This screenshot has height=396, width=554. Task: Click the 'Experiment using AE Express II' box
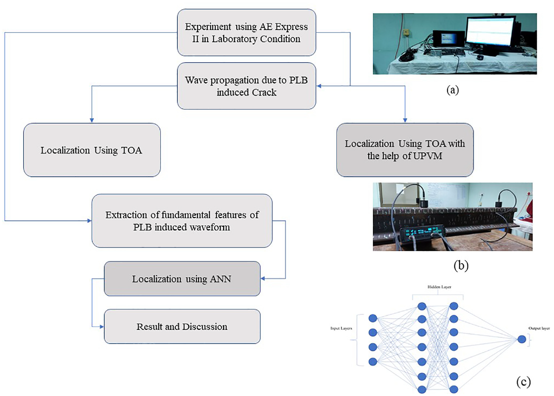tap(247, 32)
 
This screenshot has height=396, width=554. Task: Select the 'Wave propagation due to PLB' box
tap(247, 86)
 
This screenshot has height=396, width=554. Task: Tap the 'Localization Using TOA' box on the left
tap(92, 150)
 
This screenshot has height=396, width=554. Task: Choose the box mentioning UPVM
tap(405, 150)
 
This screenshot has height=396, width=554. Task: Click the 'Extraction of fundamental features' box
tap(182, 221)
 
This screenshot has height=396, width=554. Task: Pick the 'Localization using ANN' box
tap(182, 279)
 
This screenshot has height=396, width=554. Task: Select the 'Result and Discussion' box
tap(182, 326)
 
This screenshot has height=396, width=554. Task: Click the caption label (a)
tap(453, 90)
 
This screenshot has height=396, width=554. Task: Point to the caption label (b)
tap(461, 266)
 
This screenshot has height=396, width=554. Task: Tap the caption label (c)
tap(523, 382)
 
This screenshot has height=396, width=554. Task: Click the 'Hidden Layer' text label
tap(439, 287)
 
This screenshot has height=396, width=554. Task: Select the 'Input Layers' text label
tap(341, 328)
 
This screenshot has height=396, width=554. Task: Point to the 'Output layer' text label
tap(539, 328)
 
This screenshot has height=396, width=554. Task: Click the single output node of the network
tap(522, 339)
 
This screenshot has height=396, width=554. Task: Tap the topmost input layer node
tap(373, 318)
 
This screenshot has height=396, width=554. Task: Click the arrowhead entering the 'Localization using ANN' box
tap(263, 279)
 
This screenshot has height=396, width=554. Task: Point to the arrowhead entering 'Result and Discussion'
tap(102, 327)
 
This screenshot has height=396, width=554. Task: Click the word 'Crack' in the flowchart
tap(264, 92)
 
